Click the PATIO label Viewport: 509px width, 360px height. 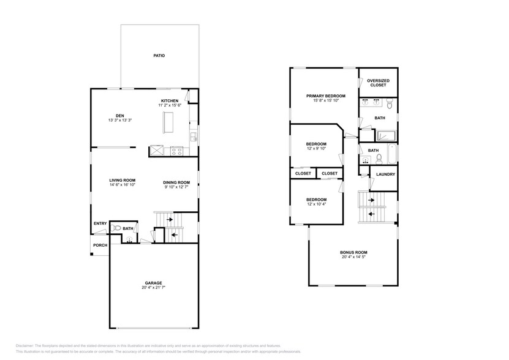(159, 56)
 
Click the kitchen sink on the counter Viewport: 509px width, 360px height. (192, 136)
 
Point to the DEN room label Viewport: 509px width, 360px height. (119, 115)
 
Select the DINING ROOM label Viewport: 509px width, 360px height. (176, 181)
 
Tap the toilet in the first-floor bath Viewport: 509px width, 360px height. (116, 228)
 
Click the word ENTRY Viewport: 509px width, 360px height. (100, 223)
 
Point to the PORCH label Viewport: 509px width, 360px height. (100, 246)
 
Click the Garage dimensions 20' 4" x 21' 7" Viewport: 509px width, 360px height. (153, 287)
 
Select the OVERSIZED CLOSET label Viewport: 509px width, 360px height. (378, 83)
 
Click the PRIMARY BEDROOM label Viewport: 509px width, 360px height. (326, 96)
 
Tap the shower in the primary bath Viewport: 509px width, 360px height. (386, 136)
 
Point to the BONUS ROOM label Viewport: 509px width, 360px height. (354, 252)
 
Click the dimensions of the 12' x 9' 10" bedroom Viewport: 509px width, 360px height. (316, 148)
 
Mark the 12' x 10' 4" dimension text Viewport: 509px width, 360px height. (316, 204)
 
